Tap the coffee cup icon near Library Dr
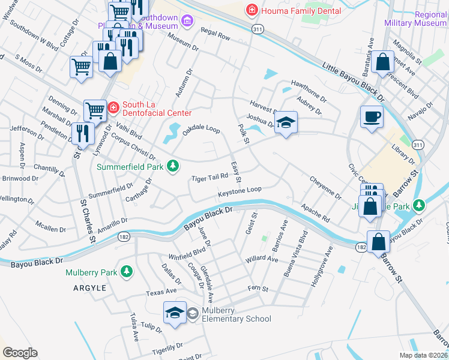click(372, 116)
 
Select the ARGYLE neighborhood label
click(90, 288)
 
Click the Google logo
click(20, 353)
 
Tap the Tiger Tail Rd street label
click(209, 177)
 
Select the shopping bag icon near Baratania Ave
click(382, 62)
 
